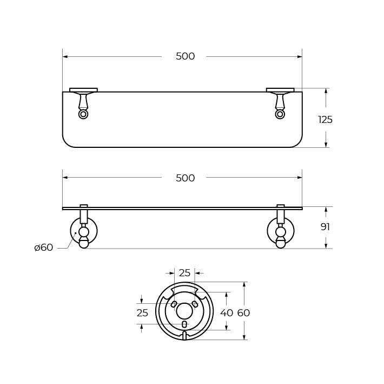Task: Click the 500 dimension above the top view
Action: coord(185,56)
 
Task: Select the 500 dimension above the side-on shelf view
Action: coord(185,178)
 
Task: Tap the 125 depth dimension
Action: coord(325,120)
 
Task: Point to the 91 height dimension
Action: coord(325,227)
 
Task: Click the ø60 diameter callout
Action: coord(43,248)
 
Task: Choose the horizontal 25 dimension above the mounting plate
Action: coord(185,273)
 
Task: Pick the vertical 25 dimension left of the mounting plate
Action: coord(142,313)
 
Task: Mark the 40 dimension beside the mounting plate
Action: coord(227,313)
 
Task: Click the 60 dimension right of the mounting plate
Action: coord(243,313)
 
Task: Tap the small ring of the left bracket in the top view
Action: coord(83,114)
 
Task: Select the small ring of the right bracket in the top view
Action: coord(280,114)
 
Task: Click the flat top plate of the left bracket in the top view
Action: coord(83,90)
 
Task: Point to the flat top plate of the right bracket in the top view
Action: coord(280,90)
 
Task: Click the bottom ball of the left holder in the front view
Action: coord(84,244)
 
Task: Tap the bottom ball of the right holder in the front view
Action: coord(281,244)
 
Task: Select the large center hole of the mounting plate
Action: coord(184,311)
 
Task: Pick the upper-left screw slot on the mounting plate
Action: coord(174,304)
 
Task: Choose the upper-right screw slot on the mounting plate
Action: coord(195,304)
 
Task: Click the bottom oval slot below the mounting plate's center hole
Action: coord(184,324)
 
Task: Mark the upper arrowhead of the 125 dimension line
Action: coord(326,91)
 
